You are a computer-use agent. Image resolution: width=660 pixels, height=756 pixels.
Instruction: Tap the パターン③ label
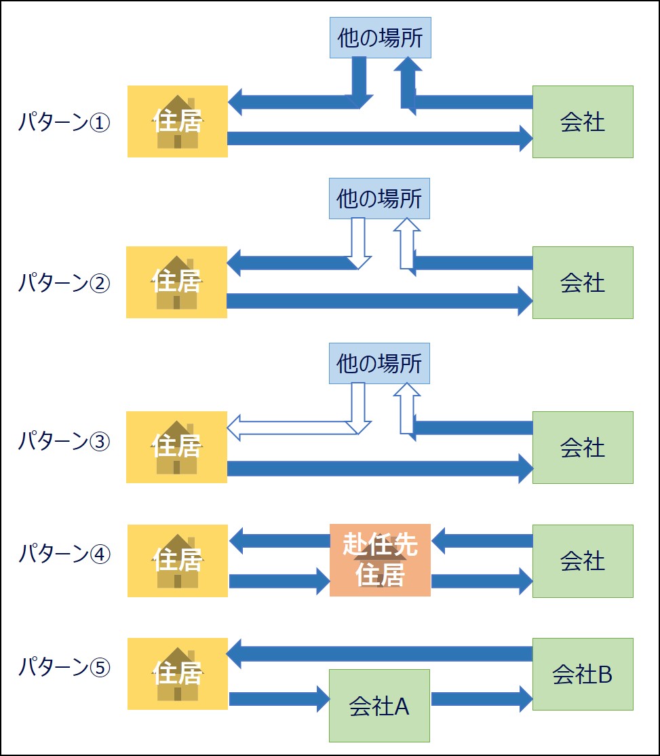click(64, 441)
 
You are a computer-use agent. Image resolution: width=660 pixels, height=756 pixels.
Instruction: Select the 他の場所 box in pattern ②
click(379, 199)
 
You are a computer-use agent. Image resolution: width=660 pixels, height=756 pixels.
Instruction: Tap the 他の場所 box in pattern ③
click(379, 363)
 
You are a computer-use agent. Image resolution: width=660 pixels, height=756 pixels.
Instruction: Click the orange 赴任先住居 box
click(380, 560)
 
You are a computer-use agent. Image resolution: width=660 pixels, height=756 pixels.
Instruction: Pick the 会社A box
click(379, 706)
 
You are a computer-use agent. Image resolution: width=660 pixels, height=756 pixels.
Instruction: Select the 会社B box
click(583, 674)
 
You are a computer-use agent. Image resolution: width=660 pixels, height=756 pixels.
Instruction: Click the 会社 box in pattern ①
click(583, 121)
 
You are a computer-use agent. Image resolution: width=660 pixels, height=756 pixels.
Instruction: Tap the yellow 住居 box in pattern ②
click(176, 282)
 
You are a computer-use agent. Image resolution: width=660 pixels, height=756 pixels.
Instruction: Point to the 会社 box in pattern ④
click(583, 561)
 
